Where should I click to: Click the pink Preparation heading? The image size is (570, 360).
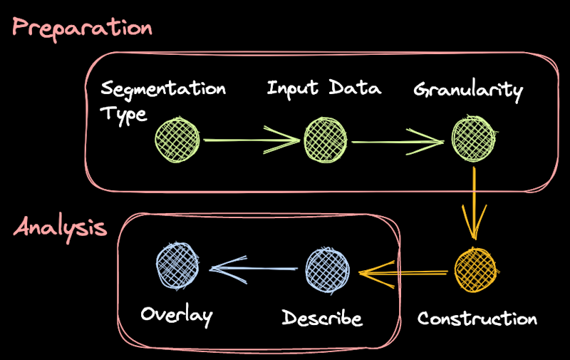83,28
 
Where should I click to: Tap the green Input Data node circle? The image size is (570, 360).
326,140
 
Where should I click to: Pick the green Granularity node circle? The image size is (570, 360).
473,139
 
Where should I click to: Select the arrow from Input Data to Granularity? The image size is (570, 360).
399,142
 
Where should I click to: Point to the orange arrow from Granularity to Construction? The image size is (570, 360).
475,203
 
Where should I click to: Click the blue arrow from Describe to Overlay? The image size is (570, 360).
253,269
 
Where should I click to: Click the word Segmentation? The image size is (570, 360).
163,90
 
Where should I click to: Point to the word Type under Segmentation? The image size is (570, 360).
123,115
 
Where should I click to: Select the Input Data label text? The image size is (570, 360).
324,89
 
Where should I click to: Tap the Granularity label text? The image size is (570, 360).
468,91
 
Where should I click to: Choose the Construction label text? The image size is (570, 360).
477,318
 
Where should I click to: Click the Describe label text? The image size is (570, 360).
322,317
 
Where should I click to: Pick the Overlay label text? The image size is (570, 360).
177,314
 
